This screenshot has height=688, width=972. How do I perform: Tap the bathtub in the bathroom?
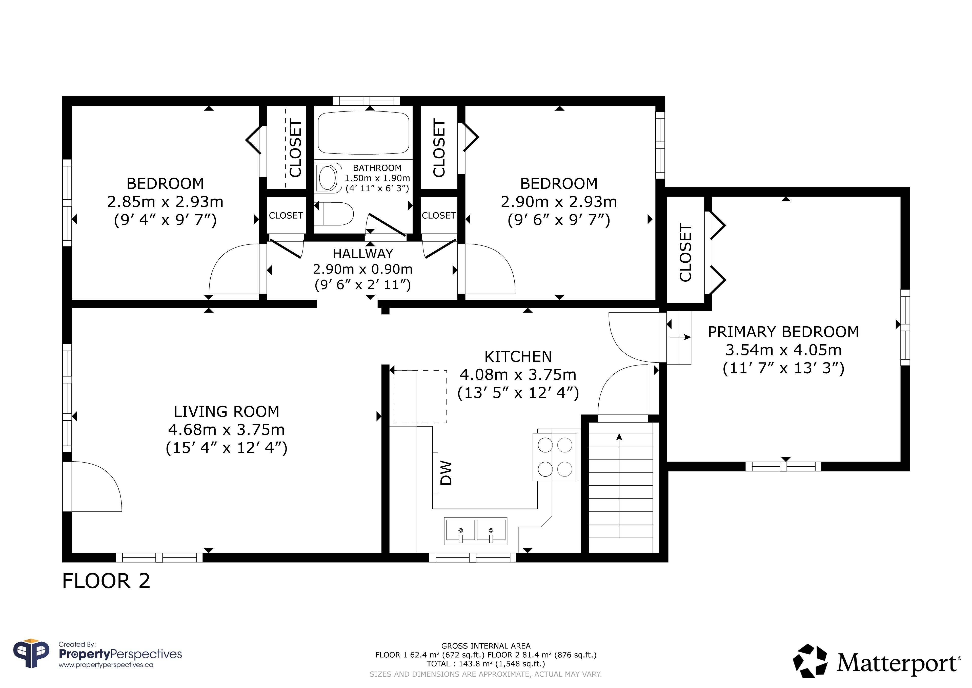coord(364,132)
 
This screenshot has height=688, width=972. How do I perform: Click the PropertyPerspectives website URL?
coord(106,665)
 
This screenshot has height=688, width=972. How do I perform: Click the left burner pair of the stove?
coord(545,457)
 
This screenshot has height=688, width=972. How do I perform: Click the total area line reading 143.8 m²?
coord(485,664)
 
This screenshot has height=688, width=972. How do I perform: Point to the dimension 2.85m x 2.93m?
coord(165,202)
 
